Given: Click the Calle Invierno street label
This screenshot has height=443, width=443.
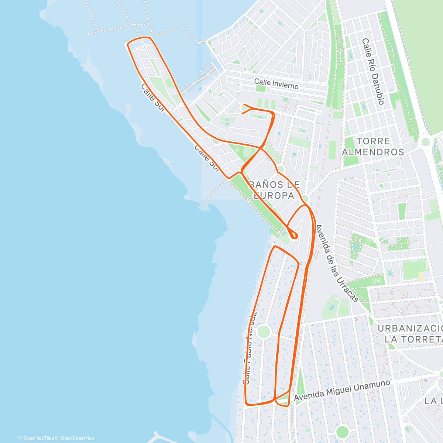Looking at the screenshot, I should pyautogui.click(x=276, y=84).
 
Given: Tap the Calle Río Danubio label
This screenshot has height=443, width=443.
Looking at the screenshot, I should pyautogui.click(x=373, y=71).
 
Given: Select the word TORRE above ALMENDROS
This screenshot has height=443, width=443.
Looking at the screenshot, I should pyautogui.click(x=373, y=141).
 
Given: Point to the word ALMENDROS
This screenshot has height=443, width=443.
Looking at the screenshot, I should pyautogui.click(x=373, y=152).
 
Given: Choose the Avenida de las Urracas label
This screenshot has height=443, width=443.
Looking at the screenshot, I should pyautogui.click(x=337, y=263).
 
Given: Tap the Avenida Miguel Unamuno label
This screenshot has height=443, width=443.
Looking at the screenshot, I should pyautogui.click(x=342, y=391).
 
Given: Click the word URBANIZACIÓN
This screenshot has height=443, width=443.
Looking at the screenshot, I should pyautogui.click(x=410, y=329).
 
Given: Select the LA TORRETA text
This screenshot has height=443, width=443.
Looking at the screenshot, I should pyautogui.click(x=413, y=339).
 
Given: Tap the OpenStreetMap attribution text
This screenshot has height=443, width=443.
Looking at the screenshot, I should pyautogui.click(x=77, y=438).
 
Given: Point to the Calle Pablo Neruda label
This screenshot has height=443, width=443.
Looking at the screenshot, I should pyautogui.click(x=249, y=349).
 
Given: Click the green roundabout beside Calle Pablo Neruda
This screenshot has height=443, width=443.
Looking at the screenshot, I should pyautogui.click(x=263, y=331).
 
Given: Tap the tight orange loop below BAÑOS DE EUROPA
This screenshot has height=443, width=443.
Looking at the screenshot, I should pyautogui.click(x=294, y=236).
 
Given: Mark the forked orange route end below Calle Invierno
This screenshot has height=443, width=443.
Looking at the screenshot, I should pyautogui.click(x=245, y=108).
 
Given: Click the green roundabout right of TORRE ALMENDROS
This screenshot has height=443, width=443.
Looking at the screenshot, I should pyautogui.click(x=426, y=142).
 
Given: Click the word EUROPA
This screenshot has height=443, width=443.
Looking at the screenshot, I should pyautogui.click(x=274, y=196).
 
